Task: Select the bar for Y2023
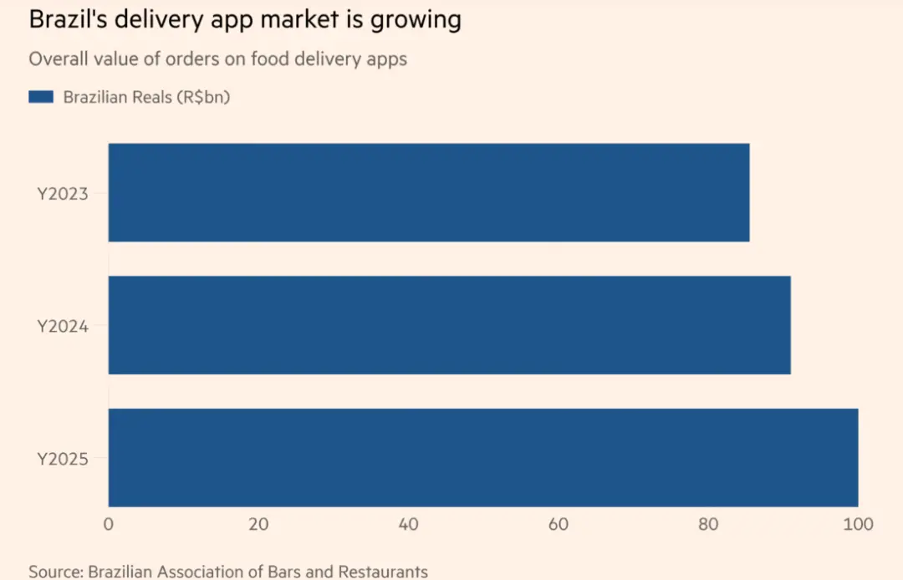pyautogui.click(x=428, y=193)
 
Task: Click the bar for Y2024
pyautogui.click(x=449, y=325)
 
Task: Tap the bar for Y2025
pyautogui.click(x=482, y=457)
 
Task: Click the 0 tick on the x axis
pyautogui.click(x=109, y=525)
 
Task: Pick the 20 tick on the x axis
pyautogui.click(x=258, y=525)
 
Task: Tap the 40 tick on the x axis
pyautogui.click(x=408, y=525)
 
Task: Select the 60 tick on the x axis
pyautogui.click(x=558, y=525)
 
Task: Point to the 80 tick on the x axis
pyautogui.click(x=708, y=525)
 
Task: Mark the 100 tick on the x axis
pyautogui.click(x=858, y=525)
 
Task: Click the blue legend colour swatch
pyautogui.click(x=41, y=97)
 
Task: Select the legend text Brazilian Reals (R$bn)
pyautogui.click(x=146, y=97)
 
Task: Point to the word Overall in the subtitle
pyautogui.click(x=56, y=59)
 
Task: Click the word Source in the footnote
pyautogui.click(x=55, y=572)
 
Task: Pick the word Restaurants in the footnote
pyautogui.click(x=383, y=572)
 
